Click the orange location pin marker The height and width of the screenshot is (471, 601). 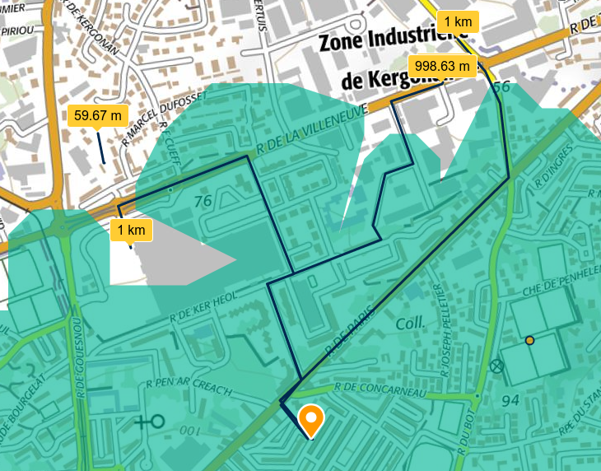(x=310, y=420)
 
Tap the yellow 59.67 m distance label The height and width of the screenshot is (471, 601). (x=97, y=115)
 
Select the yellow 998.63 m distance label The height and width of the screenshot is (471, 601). (x=442, y=66)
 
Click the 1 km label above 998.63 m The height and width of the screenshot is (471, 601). (x=458, y=21)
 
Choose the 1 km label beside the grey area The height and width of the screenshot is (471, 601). (x=131, y=230)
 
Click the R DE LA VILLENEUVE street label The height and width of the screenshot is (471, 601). (x=310, y=130)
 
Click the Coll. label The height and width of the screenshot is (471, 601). (x=409, y=324)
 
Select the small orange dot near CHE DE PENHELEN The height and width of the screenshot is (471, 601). (x=530, y=340)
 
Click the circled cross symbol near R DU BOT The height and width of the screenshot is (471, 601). (x=496, y=366)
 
